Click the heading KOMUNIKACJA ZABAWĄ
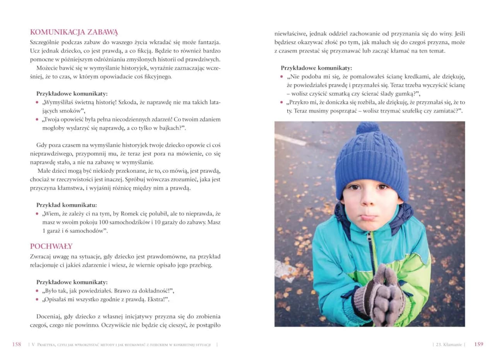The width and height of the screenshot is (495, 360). [x=74, y=32]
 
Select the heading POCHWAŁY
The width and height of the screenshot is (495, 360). [x=51, y=246]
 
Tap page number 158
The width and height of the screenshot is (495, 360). [x=17, y=344]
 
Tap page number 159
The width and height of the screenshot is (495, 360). [x=478, y=344]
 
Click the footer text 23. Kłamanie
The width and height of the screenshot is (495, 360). [x=449, y=345]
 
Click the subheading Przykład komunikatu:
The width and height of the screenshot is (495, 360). [x=67, y=205]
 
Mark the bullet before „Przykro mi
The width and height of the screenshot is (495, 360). [x=282, y=102]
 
